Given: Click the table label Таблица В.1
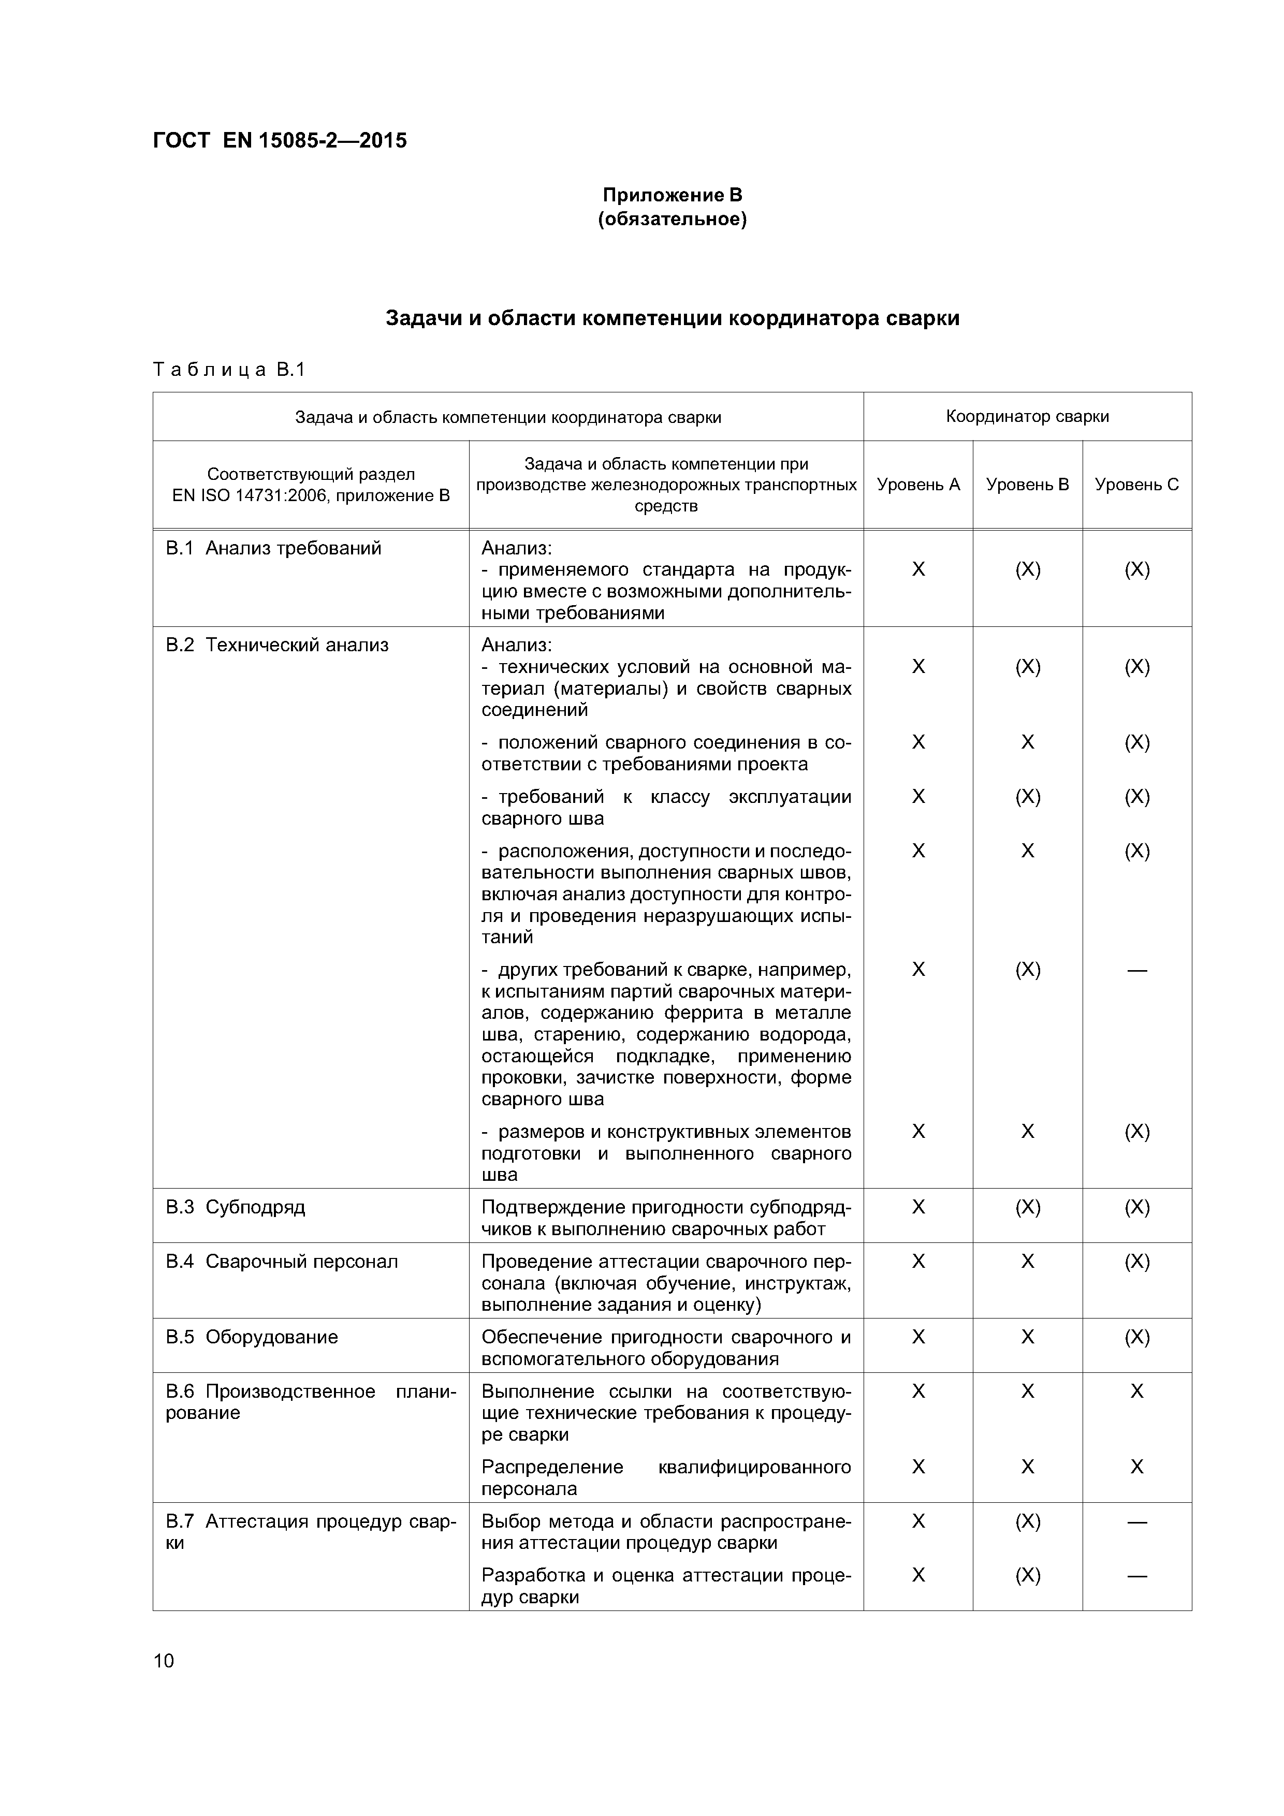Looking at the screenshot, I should (x=229, y=370).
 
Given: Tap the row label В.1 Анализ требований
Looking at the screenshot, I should (x=274, y=548).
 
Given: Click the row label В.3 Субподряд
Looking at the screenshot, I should (x=235, y=1207).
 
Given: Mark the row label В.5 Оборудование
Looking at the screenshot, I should (x=252, y=1337).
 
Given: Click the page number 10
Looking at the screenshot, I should (x=163, y=1660).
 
